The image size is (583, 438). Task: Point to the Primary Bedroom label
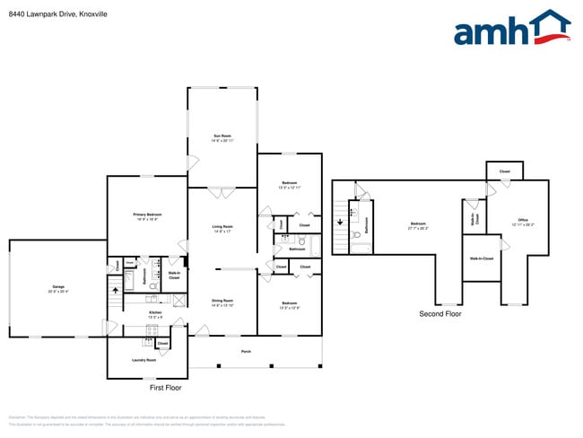click(x=147, y=216)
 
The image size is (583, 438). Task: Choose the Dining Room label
click(x=222, y=302)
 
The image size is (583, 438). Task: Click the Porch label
click(x=246, y=351)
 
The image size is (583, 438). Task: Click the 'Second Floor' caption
click(x=441, y=314)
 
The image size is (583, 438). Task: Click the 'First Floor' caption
click(x=165, y=388)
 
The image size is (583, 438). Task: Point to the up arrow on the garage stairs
click(x=114, y=291)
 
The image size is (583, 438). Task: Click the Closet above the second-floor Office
click(x=504, y=171)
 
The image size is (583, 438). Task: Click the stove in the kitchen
click(x=150, y=330)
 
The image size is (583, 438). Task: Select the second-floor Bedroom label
click(x=418, y=225)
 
